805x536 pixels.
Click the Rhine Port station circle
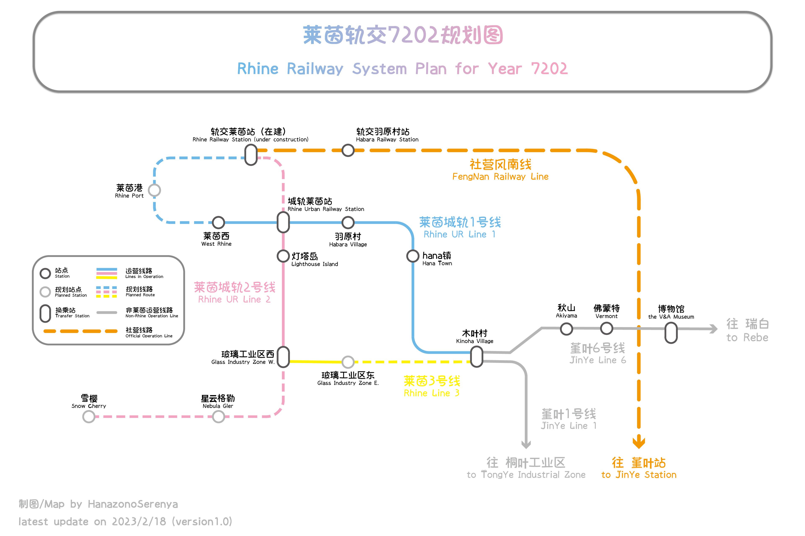(x=154, y=190)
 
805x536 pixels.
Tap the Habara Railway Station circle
(x=348, y=150)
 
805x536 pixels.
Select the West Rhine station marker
(x=218, y=223)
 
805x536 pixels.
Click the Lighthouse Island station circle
(x=283, y=256)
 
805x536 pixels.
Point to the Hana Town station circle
(x=413, y=256)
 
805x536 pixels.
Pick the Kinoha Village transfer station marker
(x=477, y=357)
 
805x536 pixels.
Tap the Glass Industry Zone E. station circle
(x=348, y=362)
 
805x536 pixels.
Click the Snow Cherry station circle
(x=89, y=416)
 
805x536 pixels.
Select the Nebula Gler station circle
(x=218, y=416)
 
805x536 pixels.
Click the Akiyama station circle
(x=566, y=329)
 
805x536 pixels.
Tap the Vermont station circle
(x=606, y=329)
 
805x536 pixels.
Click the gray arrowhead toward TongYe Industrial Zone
(x=526, y=444)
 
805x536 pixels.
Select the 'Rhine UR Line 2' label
(x=234, y=299)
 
